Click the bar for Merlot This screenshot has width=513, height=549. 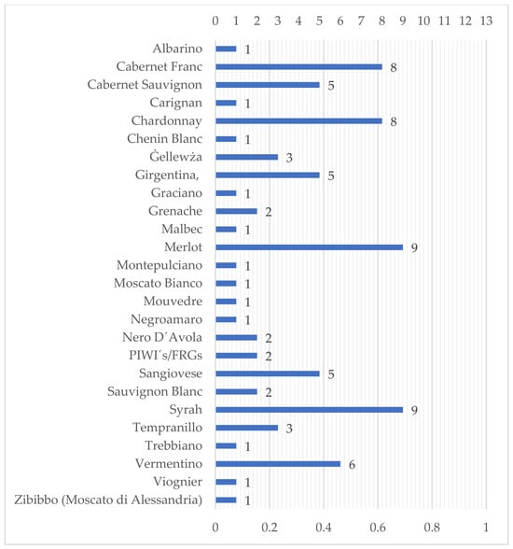pyautogui.click(x=309, y=247)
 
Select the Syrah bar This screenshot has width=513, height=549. pyautogui.click(x=309, y=410)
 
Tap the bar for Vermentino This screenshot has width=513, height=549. pyautogui.click(x=278, y=464)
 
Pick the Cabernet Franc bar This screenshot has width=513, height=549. pyautogui.click(x=299, y=67)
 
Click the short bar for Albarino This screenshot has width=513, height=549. pyautogui.click(x=226, y=49)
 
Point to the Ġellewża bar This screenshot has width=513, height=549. pyautogui.click(x=247, y=157)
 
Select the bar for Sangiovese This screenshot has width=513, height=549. pyautogui.click(x=268, y=373)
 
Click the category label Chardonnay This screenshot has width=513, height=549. pyautogui.click(x=167, y=121)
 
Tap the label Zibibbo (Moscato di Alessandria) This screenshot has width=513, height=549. pyautogui.click(x=108, y=500)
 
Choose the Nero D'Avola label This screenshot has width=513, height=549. pyautogui.click(x=162, y=338)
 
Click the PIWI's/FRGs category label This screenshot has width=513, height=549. pyautogui.click(x=165, y=356)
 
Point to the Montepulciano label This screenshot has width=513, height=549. pyautogui.click(x=159, y=265)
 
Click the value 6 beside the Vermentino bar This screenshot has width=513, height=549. pyautogui.click(x=353, y=465)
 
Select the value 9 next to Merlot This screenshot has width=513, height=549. pyautogui.click(x=414, y=248)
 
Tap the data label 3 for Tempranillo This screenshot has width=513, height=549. pyautogui.click(x=289, y=429)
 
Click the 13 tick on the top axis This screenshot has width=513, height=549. pyautogui.click(x=486, y=21)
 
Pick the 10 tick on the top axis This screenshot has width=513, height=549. pyautogui.click(x=423, y=21)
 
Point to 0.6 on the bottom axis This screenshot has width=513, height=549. pyautogui.click(x=378, y=528)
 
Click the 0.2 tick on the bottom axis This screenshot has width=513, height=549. pyautogui.click(x=270, y=528)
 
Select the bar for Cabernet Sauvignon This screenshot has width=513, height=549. pyautogui.click(x=268, y=85)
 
